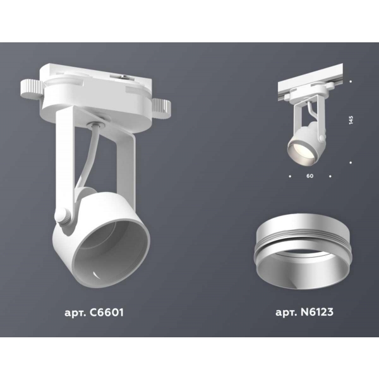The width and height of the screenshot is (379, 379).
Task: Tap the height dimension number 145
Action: point(350,120)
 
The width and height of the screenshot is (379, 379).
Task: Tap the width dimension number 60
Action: point(310,175)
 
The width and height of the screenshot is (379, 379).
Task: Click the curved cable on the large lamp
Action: point(86,158)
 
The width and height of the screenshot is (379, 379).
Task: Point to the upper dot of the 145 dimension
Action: point(350,81)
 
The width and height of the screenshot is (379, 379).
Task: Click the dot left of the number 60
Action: point(289,175)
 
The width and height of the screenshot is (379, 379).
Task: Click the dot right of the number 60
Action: point(330,175)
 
